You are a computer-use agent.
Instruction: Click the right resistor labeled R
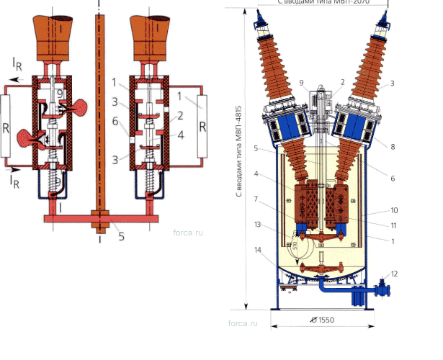202,127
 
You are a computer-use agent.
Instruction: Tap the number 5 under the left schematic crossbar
121,235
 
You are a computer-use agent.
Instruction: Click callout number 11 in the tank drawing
394,225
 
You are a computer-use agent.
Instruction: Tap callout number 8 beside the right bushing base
391,146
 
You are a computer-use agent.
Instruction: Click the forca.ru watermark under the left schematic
188,233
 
